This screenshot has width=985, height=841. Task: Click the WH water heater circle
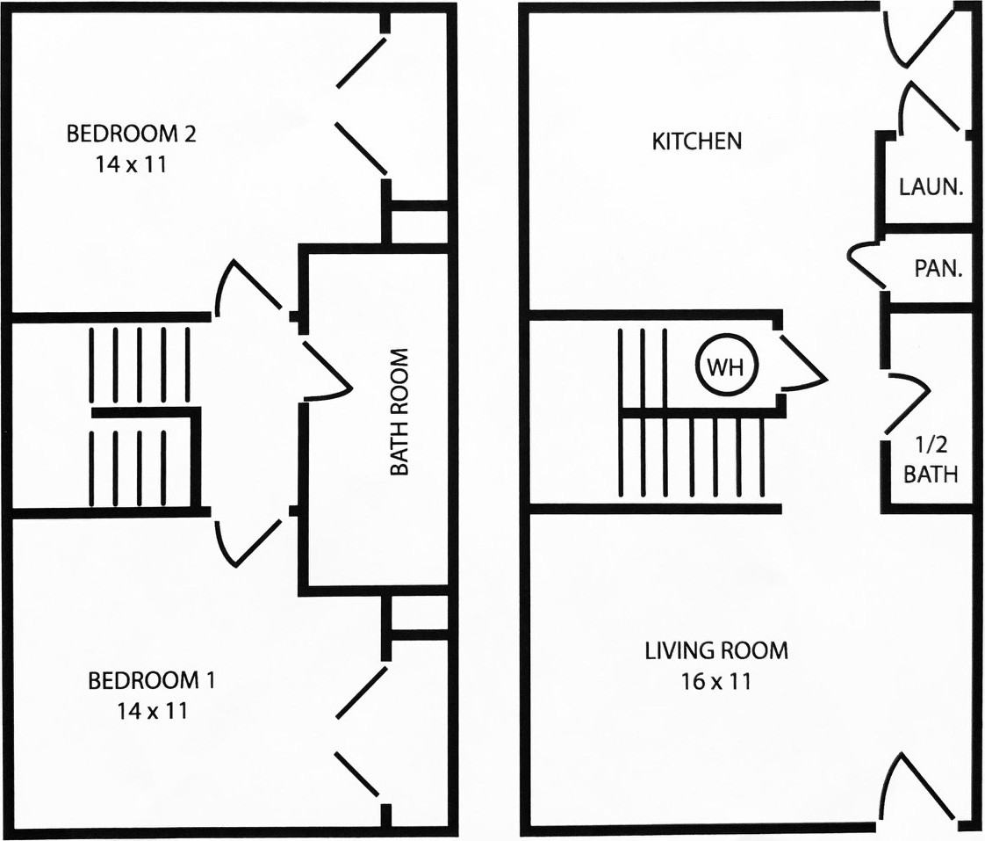point(728,366)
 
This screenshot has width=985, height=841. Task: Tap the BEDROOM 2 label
point(131,134)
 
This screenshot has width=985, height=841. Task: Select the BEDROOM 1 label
point(151,680)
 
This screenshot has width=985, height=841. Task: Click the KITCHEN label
point(697,141)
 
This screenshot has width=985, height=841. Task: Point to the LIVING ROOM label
point(716,650)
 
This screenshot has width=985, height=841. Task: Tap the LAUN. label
point(931,187)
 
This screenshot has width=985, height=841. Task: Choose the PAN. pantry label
point(938,269)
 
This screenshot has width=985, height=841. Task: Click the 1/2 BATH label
point(931,460)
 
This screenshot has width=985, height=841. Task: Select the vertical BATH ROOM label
point(399,412)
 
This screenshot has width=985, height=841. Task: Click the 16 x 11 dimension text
point(716,681)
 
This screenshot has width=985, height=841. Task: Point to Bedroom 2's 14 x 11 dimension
point(131,165)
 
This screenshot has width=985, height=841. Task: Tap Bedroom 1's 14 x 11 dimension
point(152,712)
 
